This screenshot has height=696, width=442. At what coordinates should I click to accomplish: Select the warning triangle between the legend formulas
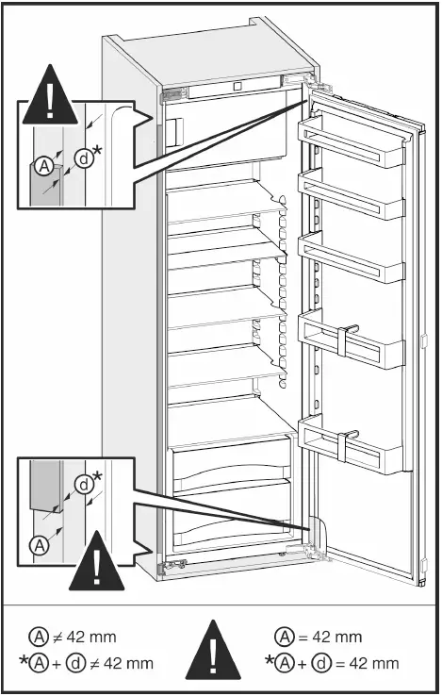tap(220, 650)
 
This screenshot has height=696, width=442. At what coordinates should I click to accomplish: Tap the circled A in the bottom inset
tap(41, 544)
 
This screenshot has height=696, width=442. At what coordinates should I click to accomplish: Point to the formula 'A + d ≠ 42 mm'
tap(85, 664)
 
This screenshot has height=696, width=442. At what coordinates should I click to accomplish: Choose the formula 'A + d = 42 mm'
tap(329, 664)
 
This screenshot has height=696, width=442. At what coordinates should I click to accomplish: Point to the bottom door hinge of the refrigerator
tap(316, 556)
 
